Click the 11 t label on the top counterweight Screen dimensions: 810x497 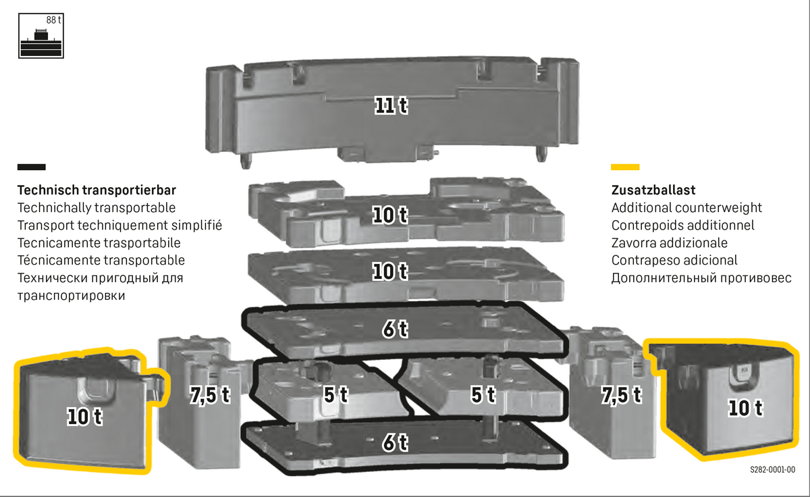(x=391, y=105)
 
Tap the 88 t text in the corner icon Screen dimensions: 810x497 (x=53, y=20)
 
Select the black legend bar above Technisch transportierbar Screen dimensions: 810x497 (x=32, y=167)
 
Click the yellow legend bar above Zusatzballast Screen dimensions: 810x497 (x=625, y=167)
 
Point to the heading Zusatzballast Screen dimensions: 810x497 (x=653, y=190)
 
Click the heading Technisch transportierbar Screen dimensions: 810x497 (x=97, y=190)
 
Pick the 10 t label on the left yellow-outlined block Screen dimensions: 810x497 (x=84, y=417)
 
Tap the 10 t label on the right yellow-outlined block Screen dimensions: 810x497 (x=745, y=408)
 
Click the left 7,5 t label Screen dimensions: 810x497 (x=210, y=394)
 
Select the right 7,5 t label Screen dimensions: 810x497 (x=621, y=394)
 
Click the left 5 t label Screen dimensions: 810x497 (x=336, y=394)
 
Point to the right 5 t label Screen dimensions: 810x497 (x=483, y=394)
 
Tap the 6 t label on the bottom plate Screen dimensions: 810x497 (x=395, y=442)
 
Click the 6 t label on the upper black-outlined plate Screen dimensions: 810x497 (x=395, y=329)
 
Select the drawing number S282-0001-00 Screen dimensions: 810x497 (x=772, y=469)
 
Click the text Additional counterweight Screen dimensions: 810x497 (x=686, y=207)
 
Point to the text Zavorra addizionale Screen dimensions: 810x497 (x=670, y=242)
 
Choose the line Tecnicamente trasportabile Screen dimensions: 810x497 (x=99, y=242)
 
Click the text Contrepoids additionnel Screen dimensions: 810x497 (x=682, y=225)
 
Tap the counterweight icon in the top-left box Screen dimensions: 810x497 (x=41, y=43)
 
